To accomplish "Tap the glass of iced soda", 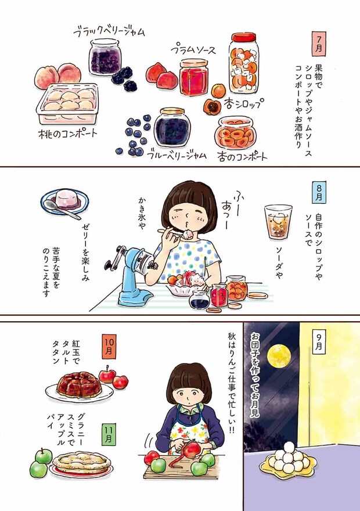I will pos(278,221).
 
